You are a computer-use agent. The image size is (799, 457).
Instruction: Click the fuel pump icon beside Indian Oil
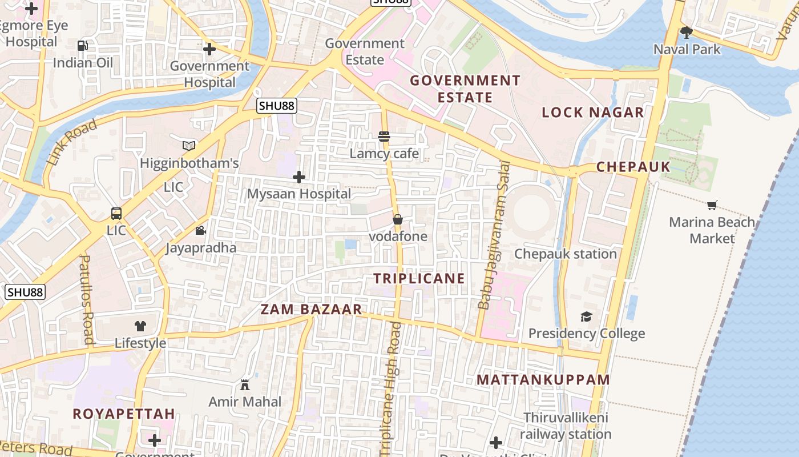tap(83, 46)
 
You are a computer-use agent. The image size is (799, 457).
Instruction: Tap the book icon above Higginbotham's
tap(189, 146)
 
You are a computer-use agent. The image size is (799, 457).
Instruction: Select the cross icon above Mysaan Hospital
tap(298, 177)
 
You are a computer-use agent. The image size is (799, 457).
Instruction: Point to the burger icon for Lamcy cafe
tap(384, 137)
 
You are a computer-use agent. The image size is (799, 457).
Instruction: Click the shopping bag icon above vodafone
tap(398, 219)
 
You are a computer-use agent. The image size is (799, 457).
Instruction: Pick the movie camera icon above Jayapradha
tap(200, 231)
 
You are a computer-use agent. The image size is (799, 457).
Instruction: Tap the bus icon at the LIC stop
tap(116, 214)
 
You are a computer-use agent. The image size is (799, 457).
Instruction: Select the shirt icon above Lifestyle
tap(140, 326)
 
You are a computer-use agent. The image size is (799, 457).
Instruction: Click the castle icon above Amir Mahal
tap(245, 385)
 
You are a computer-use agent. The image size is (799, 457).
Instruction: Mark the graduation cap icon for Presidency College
tap(586, 316)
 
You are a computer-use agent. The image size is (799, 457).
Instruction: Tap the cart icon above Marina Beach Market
tap(712, 205)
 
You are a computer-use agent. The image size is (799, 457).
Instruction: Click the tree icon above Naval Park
tap(687, 33)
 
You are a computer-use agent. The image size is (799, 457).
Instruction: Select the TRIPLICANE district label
tap(419, 279)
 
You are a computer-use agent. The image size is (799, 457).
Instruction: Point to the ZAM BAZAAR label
tap(311, 310)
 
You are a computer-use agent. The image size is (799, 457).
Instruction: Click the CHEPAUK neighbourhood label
tap(633, 167)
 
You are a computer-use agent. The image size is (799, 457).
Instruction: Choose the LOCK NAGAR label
tap(592, 113)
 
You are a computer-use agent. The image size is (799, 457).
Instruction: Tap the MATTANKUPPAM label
tap(543, 380)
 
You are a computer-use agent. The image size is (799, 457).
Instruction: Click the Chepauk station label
tap(566, 254)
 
